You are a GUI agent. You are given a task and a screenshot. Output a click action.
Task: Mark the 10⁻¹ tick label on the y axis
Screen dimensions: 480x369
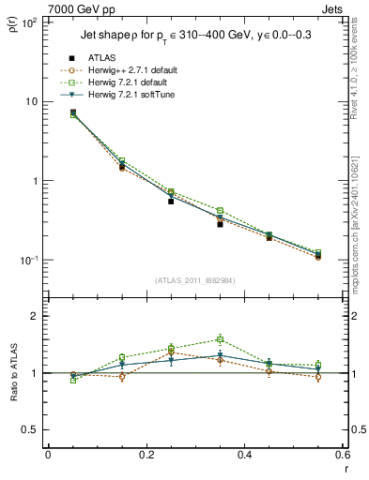click(x=28, y=261)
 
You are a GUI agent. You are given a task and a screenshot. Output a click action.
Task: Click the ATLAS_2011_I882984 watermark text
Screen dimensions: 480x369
click(x=195, y=280)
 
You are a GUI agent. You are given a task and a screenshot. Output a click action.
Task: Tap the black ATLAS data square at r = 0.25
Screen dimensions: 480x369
click(x=171, y=201)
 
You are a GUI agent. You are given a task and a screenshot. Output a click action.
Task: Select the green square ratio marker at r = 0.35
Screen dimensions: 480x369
click(x=220, y=339)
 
